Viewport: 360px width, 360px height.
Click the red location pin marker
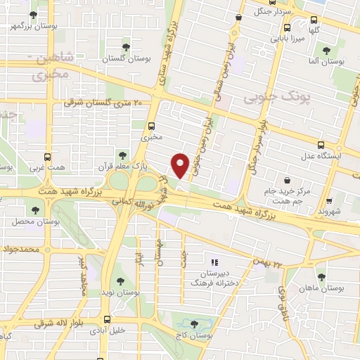181,165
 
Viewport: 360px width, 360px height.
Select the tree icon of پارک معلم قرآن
123,155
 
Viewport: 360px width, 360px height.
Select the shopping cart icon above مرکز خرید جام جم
288,179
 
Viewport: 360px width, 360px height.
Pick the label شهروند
328,211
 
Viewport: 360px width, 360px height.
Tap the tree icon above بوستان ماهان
321,276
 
